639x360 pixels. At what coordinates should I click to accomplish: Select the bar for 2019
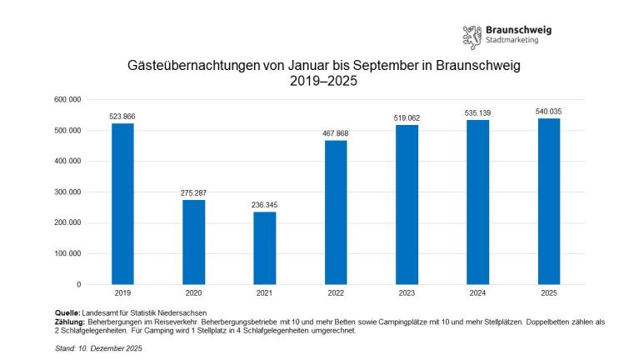pyautogui.click(x=122, y=204)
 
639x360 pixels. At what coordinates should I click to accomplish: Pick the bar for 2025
pyautogui.click(x=549, y=202)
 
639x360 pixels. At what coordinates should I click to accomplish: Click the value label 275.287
pyautogui.click(x=193, y=193)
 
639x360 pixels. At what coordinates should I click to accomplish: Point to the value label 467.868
pyautogui.click(x=336, y=133)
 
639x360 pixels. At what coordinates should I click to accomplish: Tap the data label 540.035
pyautogui.click(x=549, y=111)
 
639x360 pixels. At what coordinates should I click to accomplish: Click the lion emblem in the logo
pyautogui.click(x=472, y=36)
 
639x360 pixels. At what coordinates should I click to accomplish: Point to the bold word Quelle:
pyautogui.click(x=68, y=312)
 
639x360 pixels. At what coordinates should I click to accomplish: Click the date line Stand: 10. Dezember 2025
pyautogui.click(x=100, y=348)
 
